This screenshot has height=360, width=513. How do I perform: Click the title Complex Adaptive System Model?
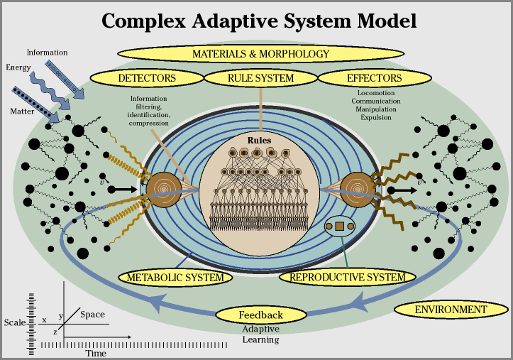click(259, 20)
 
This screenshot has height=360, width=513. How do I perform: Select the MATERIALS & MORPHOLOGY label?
click(260, 53)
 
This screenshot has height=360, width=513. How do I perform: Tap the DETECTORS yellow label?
click(147, 77)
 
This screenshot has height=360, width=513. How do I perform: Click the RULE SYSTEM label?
click(260, 77)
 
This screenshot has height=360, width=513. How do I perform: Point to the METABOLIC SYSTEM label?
click(175, 277)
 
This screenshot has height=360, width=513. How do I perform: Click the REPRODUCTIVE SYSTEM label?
click(347, 277)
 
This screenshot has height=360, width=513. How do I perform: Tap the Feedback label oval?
click(260, 315)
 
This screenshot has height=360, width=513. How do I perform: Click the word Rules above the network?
click(260, 140)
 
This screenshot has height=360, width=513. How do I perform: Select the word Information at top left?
click(47, 53)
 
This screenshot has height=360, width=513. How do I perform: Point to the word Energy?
click(18, 67)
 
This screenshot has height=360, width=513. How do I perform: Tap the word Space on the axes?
click(92, 315)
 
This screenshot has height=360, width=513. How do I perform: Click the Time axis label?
click(96, 353)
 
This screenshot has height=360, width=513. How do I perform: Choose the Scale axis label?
click(14, 321)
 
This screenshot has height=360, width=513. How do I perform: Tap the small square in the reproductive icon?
click(339, 227)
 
